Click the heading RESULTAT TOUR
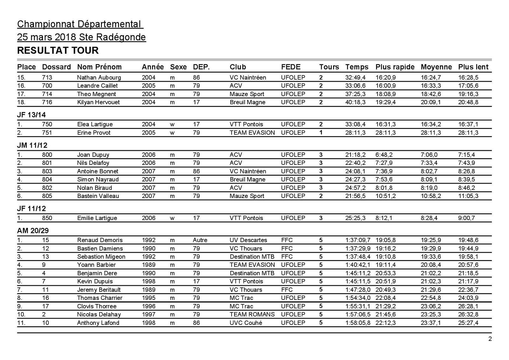[x=58, y=51]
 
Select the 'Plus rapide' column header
[x=395, y=67]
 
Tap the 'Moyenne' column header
[x=436, y=67]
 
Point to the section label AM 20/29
[x=33, y=230]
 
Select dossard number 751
[x=47, y=132]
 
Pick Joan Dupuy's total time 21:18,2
[x=355, y=155]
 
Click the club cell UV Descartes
[x=248, y=240]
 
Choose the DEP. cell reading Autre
[x=200, y=240]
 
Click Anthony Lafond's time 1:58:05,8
[x=358, y=323]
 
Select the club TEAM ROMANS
[x=252, y=314]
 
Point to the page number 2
[x=490, y=339]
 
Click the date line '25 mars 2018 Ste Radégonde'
[x=81, y=37]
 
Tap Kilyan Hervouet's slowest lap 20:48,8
[x=468, y=102]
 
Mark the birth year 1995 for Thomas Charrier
[x=149, y=298]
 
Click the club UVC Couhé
[x=246, y=323]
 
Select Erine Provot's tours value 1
[x=321, y=132]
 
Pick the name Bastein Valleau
[x=98, y=196]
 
